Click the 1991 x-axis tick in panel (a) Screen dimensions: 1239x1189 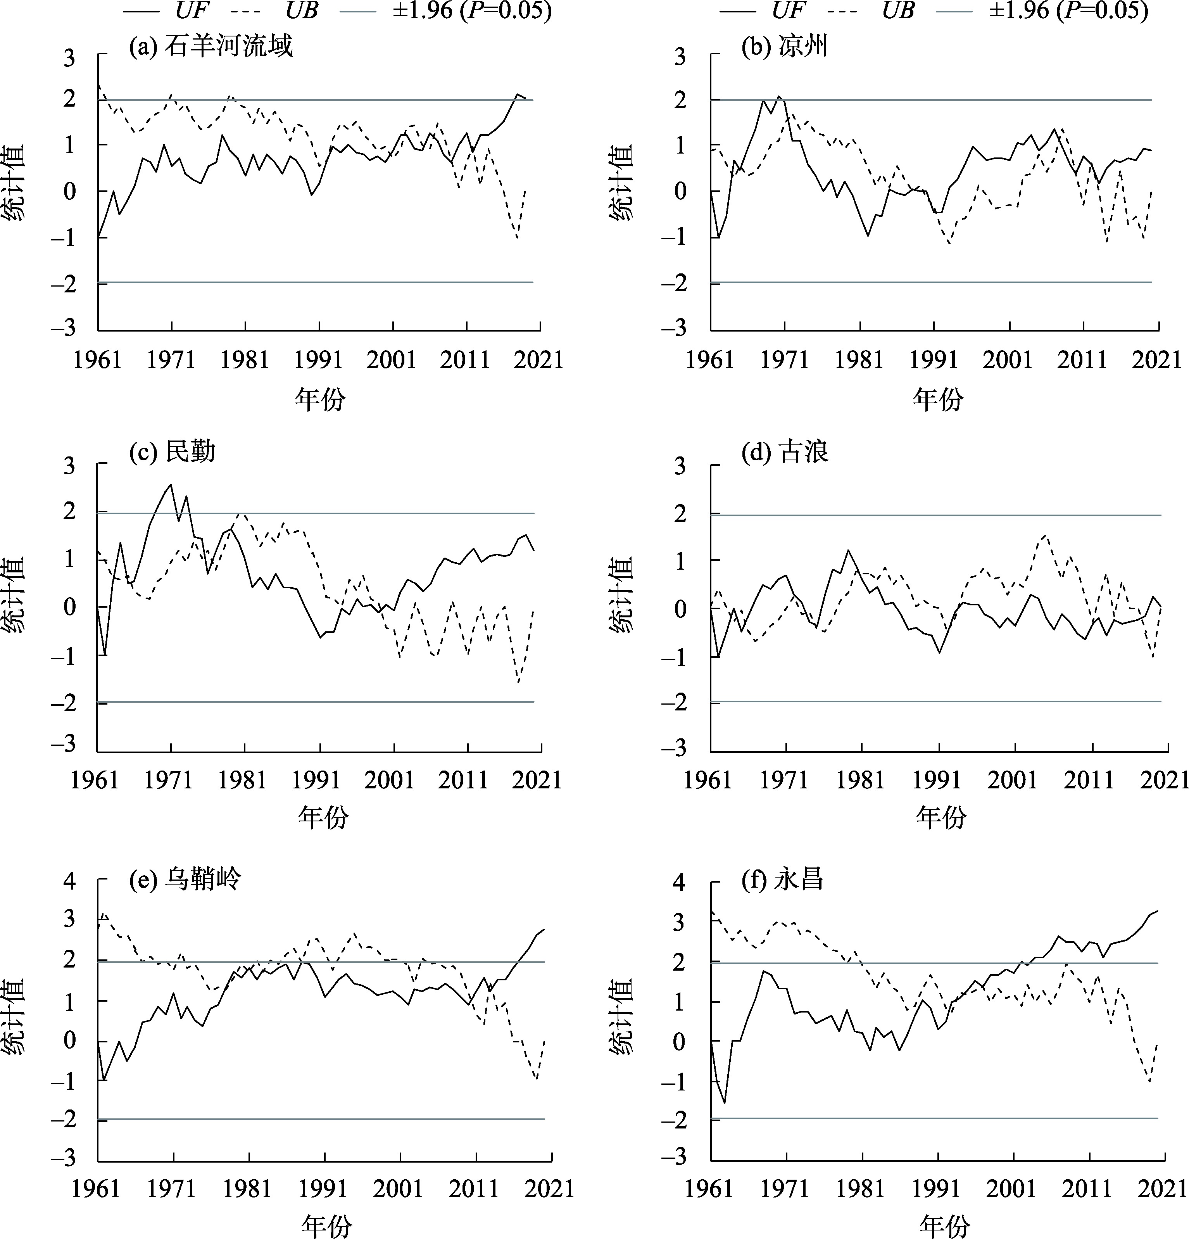coord(319,360)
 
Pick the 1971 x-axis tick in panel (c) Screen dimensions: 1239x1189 coord(168,780)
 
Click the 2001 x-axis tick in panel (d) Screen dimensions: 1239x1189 coord(1013,780)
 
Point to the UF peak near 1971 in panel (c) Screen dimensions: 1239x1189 coord(171,485)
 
